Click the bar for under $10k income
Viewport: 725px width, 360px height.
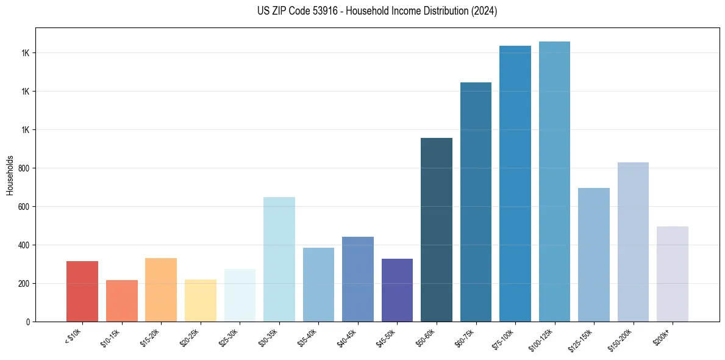tap(82, 291)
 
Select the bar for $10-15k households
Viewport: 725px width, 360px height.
tap(121, 300)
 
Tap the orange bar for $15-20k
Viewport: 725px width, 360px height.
tap(161, 290)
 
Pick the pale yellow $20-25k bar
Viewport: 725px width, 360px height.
tap(200, 300)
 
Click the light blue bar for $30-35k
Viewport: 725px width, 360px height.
tap(279, 259)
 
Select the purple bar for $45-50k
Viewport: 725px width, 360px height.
tap(397, 290)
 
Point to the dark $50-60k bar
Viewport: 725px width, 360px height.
tap(437, 229)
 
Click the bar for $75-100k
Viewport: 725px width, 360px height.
tap(515, 184)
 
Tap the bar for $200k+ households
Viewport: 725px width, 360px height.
tap(673, 274)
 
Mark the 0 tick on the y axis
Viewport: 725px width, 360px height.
tap(28, 322)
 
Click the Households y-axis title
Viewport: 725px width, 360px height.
tap(10, 175)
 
